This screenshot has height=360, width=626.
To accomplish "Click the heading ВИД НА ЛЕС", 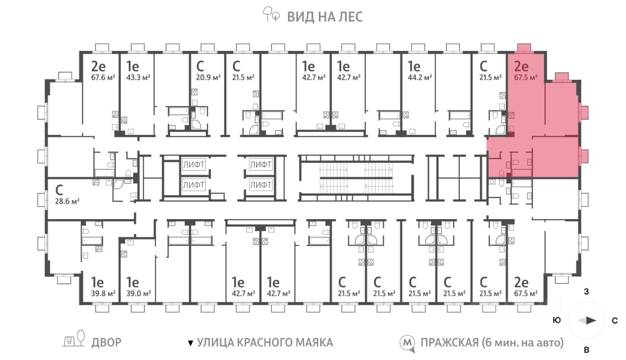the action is click(325, 17).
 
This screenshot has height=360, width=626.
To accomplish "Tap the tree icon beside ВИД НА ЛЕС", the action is click(271, 14).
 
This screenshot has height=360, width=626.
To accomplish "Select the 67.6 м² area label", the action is click(103, 77).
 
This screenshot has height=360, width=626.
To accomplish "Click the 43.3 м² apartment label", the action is click(138, 77).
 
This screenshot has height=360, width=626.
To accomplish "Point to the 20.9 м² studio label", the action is click(208, 77).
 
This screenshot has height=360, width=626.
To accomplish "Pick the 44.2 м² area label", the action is click(420, 77).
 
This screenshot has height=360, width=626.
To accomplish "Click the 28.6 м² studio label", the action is click(67, 201).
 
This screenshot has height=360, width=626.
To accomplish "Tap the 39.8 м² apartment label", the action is click(103, 294).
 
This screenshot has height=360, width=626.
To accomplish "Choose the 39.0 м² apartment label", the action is click(138, 294).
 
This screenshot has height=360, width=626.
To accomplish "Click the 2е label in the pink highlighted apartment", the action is click(521, 67).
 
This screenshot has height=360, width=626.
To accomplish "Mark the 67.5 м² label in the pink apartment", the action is click(526, 77).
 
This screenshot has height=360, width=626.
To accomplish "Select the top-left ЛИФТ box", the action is click(194, 165).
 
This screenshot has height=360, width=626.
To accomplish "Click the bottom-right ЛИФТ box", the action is click(261, 185).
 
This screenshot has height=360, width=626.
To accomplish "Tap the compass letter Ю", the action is click(557, 320).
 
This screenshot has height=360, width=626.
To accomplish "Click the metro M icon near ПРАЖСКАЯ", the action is click(408, 343).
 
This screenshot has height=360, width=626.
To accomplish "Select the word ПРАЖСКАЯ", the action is click(449, 343).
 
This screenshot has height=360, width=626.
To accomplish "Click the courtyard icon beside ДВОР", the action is click(74, 339).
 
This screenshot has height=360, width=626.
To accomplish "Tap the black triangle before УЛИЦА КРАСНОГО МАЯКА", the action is click(191, 343).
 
